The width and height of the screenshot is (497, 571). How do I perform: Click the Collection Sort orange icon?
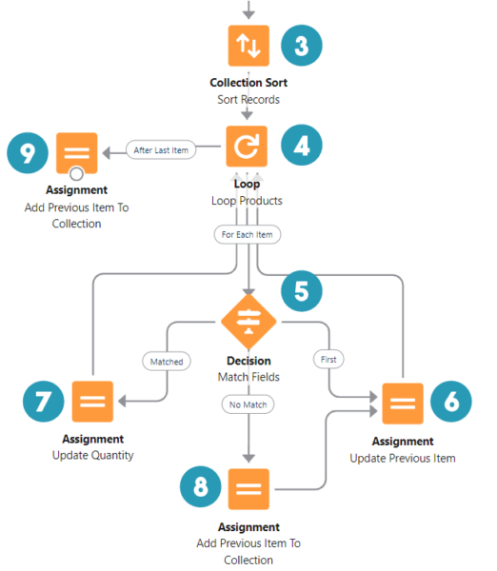[x=248, y=46]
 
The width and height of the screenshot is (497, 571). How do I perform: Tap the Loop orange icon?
[x=248, y=148]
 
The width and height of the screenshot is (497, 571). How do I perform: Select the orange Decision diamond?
[x=248, y=323]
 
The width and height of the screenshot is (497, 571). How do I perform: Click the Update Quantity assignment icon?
[x=92, y=402]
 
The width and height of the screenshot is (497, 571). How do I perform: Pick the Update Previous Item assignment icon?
[x=403, y=403]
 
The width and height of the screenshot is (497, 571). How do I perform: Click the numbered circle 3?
[x=301, y=46]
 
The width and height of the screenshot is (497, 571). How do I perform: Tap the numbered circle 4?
[x=301, y=146]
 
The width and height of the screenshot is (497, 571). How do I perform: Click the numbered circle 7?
[x=40, y=401]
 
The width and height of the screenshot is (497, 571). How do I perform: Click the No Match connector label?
[x=248, y=404]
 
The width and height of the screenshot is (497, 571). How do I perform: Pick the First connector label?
[x=329, y=360]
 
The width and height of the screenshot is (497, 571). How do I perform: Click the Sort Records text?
[x=248, y=99]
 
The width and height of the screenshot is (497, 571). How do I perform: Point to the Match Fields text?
[x=248, y=378]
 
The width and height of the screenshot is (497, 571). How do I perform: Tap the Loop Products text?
[x=248, y=201]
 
